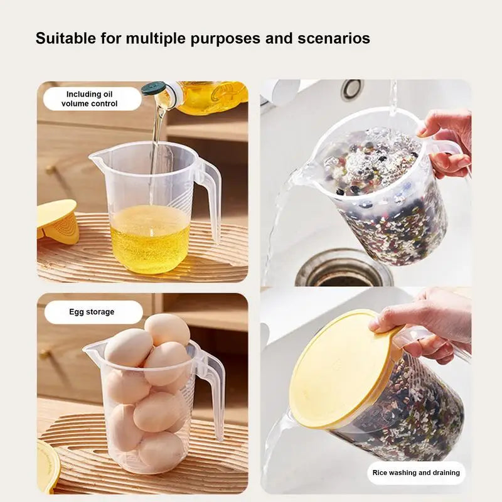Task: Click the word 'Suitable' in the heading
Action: click(x=66, y=38)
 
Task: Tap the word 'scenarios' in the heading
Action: click(x=334, y=38)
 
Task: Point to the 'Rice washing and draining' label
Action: click(x=416, y=473)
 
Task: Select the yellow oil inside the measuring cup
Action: click(x=151, y=238)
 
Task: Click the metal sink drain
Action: click(x=344, y=269)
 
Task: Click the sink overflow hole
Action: click(x=353, y=88)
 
